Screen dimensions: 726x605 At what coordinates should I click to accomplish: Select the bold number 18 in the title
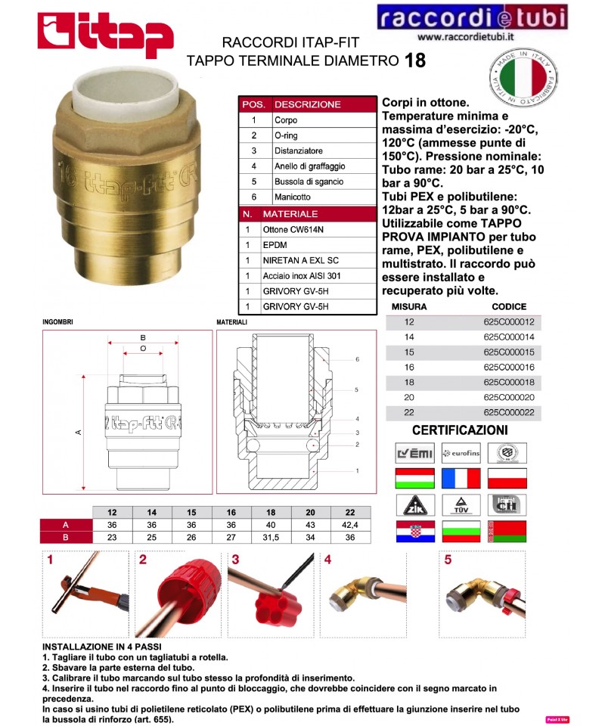[414, 60]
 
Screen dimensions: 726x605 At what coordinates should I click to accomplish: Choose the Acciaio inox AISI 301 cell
[302, 275]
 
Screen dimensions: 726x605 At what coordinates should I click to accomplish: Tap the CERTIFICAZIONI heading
[460, 430]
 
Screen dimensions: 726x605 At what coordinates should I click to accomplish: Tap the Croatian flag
[414, 531]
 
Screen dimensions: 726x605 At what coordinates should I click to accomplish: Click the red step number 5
[448, 560]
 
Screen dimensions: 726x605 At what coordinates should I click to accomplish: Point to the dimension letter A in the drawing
[78, 432]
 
